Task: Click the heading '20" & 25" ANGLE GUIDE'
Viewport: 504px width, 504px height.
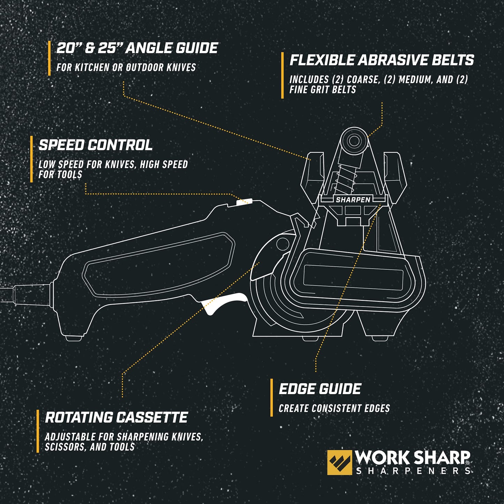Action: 137,48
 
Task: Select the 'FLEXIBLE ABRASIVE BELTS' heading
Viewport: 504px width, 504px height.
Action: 382,60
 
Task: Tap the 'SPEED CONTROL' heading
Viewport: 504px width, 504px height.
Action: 96,145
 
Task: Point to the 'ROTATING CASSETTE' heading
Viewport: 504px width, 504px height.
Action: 116,418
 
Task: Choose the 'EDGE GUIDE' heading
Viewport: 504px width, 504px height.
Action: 320,389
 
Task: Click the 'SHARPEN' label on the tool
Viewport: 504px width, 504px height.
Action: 353,200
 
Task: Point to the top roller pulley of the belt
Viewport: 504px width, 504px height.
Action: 354,141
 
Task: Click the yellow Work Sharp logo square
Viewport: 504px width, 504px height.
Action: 339,462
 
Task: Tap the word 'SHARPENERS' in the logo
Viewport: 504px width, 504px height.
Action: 413,471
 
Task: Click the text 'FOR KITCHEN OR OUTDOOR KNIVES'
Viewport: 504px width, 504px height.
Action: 126,67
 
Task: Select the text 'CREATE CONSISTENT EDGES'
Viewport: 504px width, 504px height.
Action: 334,408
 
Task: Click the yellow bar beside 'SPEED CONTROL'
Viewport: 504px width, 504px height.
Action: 31,159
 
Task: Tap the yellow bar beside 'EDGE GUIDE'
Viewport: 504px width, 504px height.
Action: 271,398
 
